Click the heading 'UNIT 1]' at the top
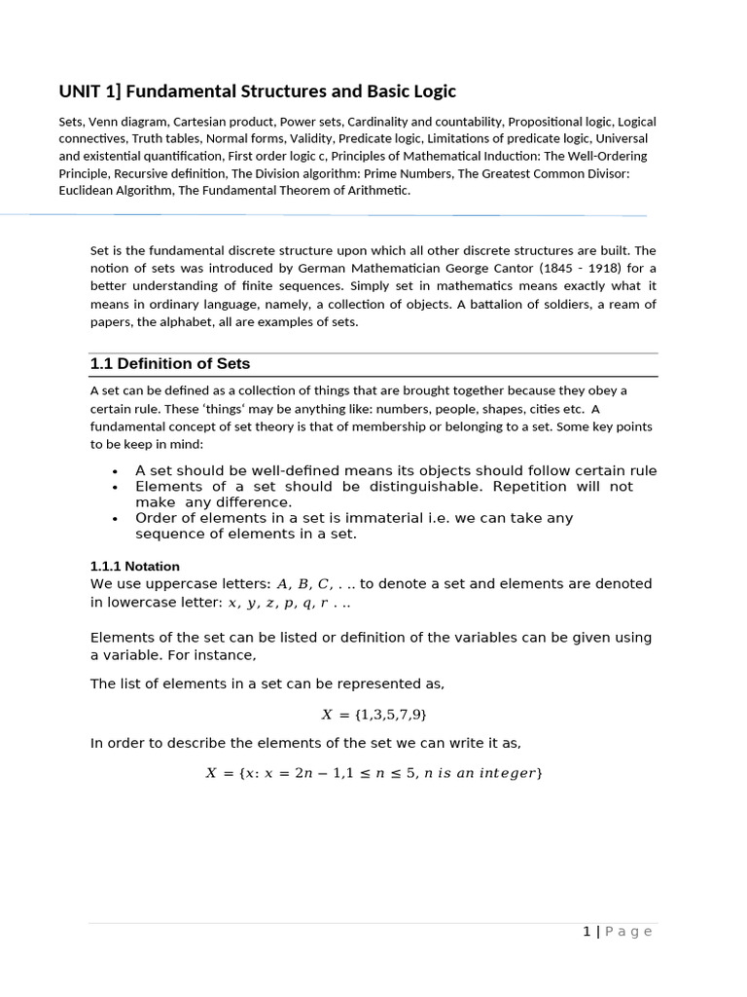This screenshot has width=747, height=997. [89, 92]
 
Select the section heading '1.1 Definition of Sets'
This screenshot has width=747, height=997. [169, 364]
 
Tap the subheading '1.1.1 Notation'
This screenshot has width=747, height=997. [134, 566]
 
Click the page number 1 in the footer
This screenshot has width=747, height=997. [587, 932]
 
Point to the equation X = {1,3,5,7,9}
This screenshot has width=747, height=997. [373, 715]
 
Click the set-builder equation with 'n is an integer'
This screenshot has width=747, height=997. [373, 773]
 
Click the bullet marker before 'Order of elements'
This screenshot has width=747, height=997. [115, 519]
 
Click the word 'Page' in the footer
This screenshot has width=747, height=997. [628, 932]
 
